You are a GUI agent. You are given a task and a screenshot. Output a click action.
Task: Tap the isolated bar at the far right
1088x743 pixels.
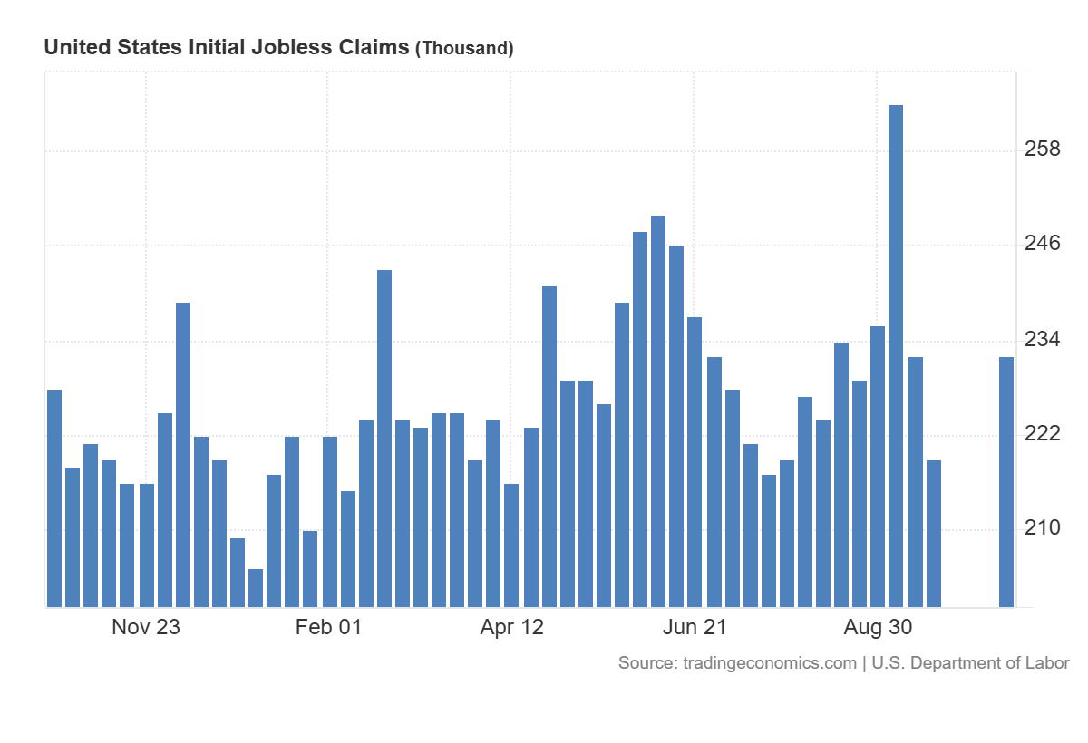coord(1006,481)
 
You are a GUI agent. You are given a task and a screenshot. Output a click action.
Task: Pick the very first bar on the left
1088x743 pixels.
coord(54,497)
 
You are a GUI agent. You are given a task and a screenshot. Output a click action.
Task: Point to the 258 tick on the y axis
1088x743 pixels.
coord(1042,149)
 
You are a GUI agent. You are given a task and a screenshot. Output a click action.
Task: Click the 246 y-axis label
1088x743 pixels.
coord(1042,244)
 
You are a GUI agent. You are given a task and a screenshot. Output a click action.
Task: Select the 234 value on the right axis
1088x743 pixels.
coord(1042,340)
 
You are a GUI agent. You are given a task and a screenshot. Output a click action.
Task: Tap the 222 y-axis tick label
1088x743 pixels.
coord(1042,434)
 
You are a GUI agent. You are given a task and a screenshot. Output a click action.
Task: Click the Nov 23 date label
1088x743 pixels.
coord(146,627)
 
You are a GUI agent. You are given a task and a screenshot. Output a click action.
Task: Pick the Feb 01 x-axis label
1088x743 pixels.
coord(328,627)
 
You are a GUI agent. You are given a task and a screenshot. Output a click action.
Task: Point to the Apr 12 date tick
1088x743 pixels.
coord(512,627)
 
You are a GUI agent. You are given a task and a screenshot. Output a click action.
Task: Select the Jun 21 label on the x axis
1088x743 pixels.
coord(695,627)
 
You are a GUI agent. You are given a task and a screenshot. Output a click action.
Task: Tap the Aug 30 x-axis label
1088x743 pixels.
coord(878,627)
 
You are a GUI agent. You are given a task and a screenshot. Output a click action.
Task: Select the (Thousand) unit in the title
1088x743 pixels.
coord(464,49)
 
